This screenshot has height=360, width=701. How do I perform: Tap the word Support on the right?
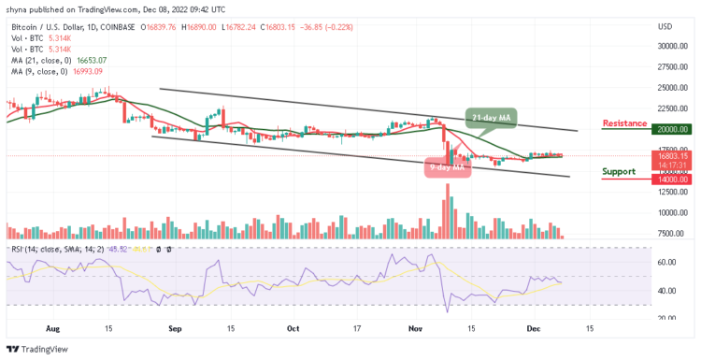[x=620, y=171]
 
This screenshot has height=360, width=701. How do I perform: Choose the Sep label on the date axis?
[x=174, y=329]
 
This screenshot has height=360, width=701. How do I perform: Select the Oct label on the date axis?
[x=292, y=329]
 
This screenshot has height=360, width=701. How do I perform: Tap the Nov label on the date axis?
[x=416, y=329]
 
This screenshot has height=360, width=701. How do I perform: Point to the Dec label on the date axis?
[x=534, y=329]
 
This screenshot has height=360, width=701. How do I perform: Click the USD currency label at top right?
[x=665, y=25]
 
